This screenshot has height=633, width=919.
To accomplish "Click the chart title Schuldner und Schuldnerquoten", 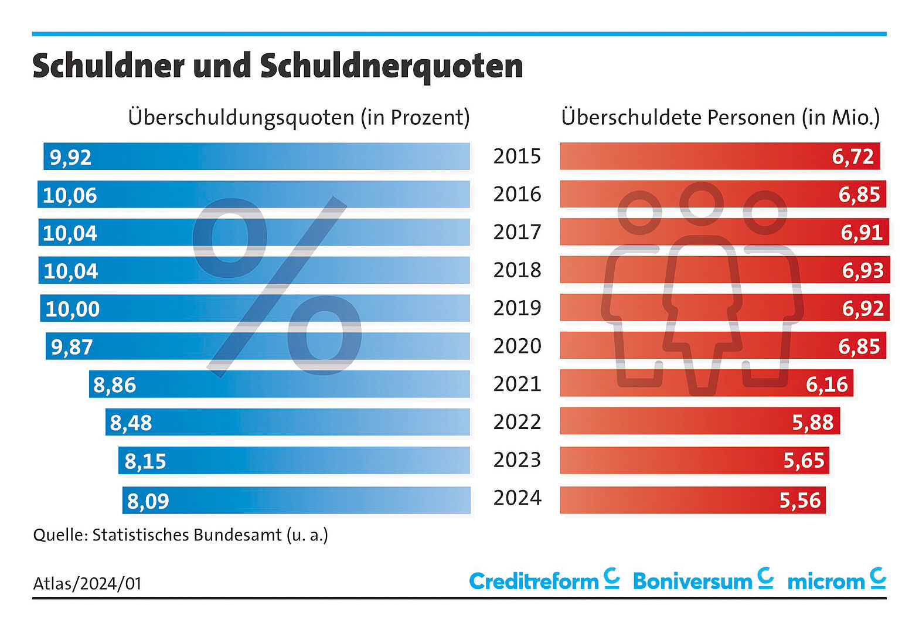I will click(x=277, y=66).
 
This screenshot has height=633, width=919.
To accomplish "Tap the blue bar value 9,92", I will click(x=70, y=157).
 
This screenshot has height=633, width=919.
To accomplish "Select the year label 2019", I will click(x=517, y=308).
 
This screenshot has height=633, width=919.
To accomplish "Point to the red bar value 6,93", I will click(x=862, y=270).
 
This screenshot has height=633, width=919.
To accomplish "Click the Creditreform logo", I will click(x=544, y=580).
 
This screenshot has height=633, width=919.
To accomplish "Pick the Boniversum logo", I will click(x=703, y=580).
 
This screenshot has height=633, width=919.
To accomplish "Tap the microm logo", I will click(x=836, y=580).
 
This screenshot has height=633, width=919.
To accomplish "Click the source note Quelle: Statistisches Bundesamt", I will click(x=181, y=535).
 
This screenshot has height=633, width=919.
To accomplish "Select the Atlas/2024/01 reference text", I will click(x=87, y=583).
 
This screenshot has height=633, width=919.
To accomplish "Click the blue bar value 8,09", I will click(x=148, y=501).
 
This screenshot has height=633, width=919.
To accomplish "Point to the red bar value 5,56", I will click(x=799, y=501).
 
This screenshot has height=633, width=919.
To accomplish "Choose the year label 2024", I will click(x=517, y=498).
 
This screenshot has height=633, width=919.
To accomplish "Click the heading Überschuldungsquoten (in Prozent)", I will click(x=299, y=117).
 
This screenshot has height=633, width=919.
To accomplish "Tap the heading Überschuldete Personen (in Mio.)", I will click(x=720, y=117).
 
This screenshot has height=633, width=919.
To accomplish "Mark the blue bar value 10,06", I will click(x=70, y=195).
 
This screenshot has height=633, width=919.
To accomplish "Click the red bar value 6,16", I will click(x=826, y=384).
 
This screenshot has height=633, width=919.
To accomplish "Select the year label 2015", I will click(x=517, y=156).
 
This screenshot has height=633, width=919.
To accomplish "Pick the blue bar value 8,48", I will click(x=131, y=423).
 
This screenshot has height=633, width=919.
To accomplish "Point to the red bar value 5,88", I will click(x=812, y=422).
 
